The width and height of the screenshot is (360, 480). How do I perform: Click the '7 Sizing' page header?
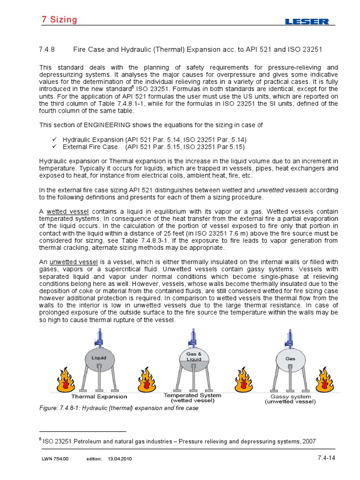57,20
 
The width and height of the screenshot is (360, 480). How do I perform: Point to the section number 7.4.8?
46,49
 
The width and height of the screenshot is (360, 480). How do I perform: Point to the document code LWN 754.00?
55,459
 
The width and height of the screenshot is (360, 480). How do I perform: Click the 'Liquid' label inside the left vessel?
95,358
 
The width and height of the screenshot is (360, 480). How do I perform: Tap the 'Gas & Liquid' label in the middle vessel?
194,356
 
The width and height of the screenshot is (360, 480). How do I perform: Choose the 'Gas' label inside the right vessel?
290,358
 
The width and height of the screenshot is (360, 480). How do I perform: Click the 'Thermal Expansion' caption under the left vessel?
99,397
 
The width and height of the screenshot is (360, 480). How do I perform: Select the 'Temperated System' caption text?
193,395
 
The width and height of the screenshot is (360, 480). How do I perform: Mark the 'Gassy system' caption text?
291,396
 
